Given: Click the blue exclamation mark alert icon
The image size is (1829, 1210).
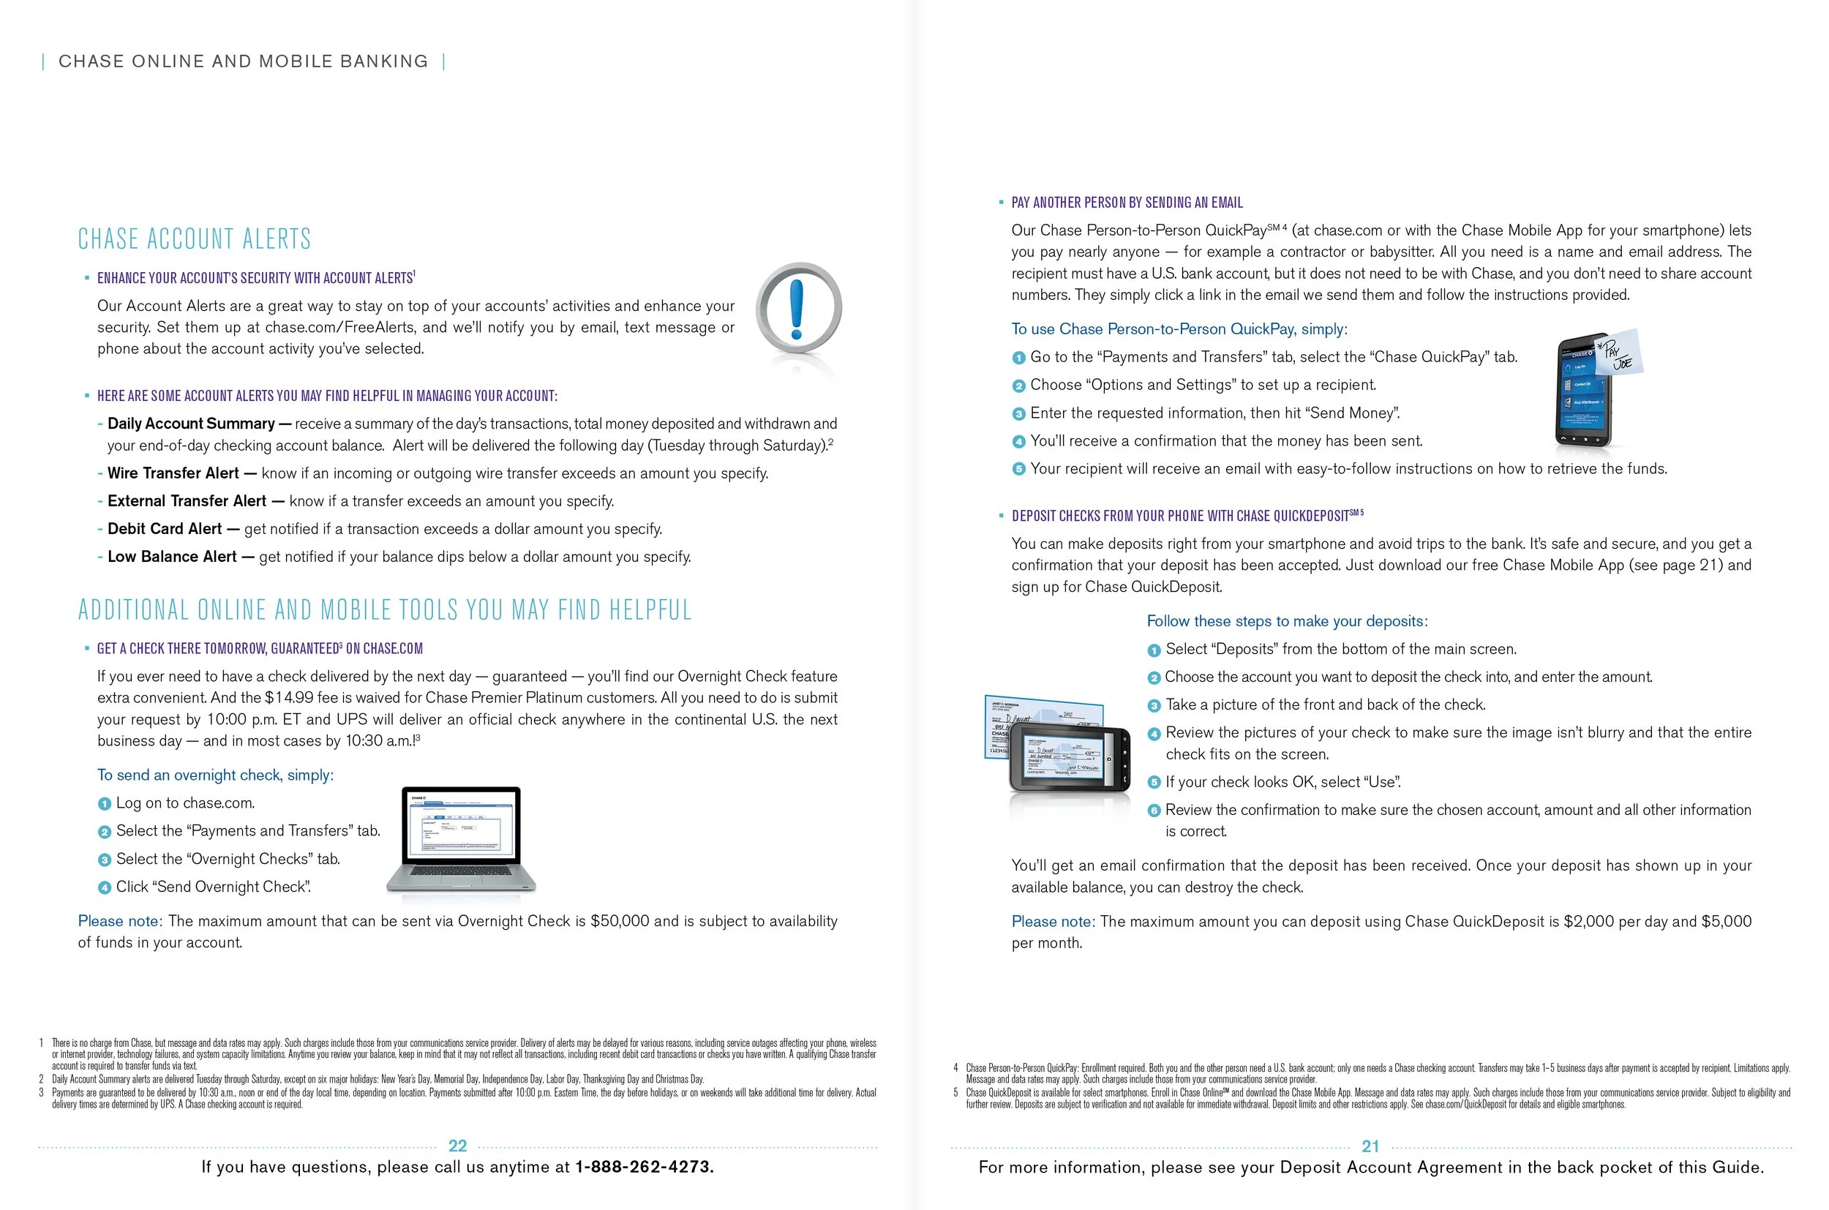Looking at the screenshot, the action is click(798, 309).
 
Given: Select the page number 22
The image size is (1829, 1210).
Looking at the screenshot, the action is click(458, 1146).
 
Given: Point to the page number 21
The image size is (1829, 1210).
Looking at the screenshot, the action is click(1370, 1146).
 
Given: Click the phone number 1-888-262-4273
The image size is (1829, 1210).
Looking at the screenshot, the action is click(645, 1167).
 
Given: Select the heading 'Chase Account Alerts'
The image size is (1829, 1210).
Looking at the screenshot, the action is click(195, 239).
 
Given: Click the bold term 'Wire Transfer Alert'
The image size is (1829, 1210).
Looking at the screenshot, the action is click(173, 473).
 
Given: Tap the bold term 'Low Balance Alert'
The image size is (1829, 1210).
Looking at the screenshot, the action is click(172, 557).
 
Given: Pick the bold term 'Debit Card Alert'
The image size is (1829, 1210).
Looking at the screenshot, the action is click(165, 529).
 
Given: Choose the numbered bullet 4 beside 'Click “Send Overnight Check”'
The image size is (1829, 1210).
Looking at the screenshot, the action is click(104, 888).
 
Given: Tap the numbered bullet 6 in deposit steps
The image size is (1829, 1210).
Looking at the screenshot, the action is click(1154, 811).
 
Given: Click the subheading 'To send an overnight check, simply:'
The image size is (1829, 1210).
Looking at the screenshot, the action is click(215, 775).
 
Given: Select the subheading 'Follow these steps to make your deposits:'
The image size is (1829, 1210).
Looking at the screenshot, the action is click(1287, 621).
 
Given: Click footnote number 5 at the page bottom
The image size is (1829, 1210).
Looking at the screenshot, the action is click(955, 1093).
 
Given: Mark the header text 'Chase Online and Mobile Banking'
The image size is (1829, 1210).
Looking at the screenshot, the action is click(243, 61).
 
